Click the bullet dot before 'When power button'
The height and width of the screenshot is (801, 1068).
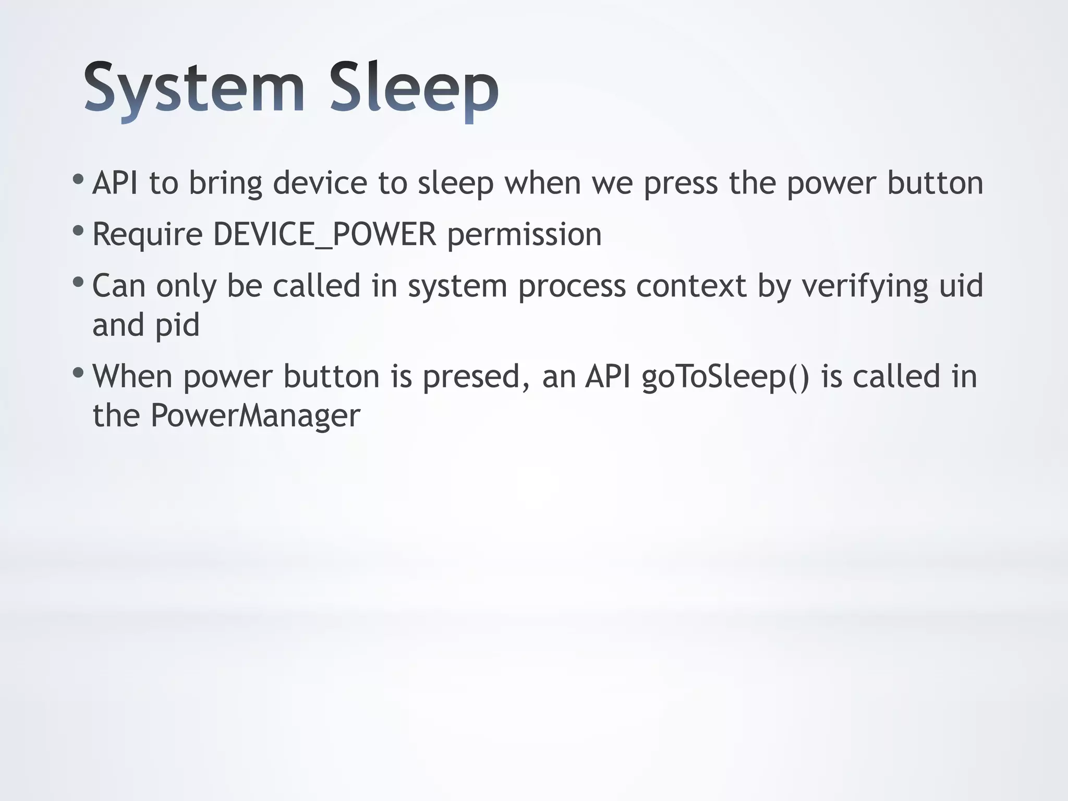pos(78,373)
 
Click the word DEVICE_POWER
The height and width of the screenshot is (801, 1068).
pos(324,234)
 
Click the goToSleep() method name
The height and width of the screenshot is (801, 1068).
pos(725,378)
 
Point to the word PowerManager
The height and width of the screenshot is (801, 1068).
pos(255,416)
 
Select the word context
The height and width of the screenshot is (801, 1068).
pos(691,286)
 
